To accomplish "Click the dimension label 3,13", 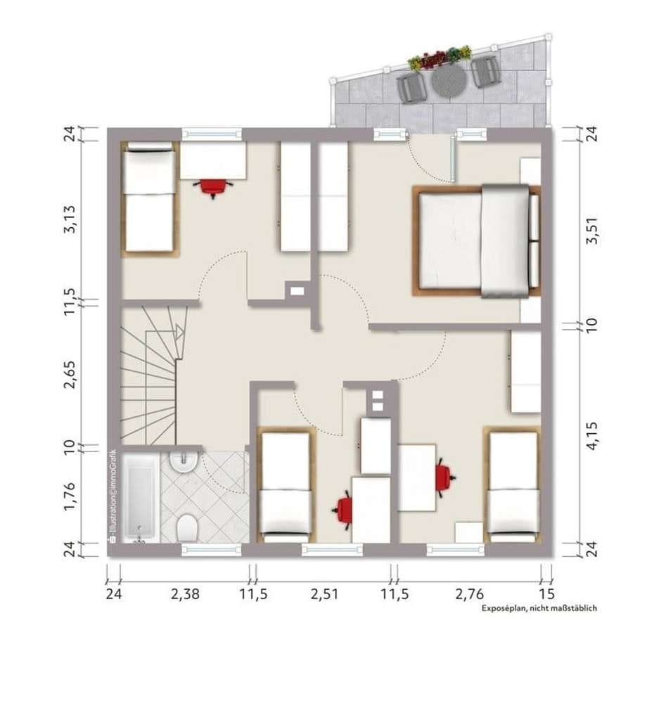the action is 70,219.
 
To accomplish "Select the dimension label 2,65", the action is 70,375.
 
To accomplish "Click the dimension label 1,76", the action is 70,496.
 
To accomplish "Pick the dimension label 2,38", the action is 185,594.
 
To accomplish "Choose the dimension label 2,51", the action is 324,594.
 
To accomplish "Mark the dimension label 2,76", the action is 469,594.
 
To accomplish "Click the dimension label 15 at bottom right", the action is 546,594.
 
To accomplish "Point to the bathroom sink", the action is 184,463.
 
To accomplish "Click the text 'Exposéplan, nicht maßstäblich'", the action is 539,608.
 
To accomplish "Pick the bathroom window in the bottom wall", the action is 211,550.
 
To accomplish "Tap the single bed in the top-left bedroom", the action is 149,198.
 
